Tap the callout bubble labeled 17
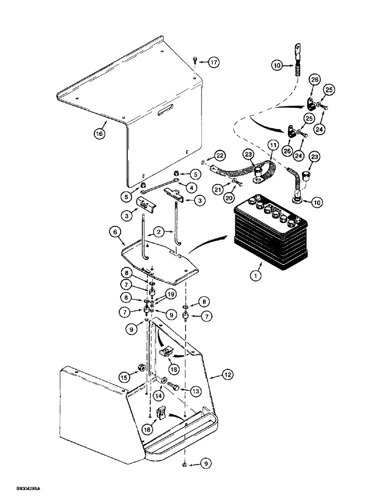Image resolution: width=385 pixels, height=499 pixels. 214,63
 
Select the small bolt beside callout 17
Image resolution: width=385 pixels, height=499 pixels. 195,61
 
